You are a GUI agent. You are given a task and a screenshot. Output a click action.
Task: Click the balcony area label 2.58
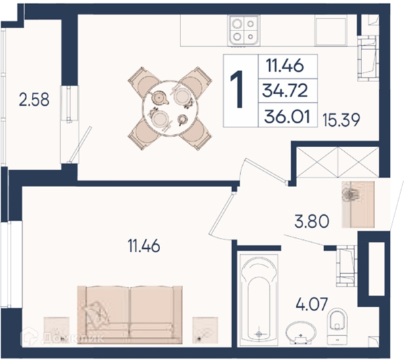(x=34, y=100)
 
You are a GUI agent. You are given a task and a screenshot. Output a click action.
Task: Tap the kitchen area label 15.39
(x=341, y=120)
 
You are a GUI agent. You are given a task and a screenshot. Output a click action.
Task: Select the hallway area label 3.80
(x=312, y=221)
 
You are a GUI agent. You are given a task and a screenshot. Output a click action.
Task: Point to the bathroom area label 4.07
(x=312, y=304)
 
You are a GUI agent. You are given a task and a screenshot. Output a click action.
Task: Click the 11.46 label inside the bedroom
(x=144, y=246)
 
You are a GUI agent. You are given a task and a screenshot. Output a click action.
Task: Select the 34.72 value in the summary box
(x=285, y=91)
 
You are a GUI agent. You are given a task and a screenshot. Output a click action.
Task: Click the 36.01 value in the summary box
(x=288, y=117)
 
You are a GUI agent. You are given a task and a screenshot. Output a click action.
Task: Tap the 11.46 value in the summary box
(x=285, y=65)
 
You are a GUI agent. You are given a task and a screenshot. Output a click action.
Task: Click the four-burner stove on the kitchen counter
(x=244, y=31)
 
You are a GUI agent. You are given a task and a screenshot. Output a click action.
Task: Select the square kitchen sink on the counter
(x=331, y=31)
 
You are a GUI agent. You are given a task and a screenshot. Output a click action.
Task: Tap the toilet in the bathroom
(x=337, y=326)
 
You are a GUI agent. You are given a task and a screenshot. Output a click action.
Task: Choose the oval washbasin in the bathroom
(x=301, y=333)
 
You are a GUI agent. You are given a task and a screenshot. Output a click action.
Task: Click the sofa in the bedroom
(x=130, y=315)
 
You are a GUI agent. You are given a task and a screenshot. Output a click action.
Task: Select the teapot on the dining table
(x=158, y=98)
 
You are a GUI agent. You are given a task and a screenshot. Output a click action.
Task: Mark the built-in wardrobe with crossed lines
(x=337, y=162)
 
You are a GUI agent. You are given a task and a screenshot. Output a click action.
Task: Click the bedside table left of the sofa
(x=56, y=329)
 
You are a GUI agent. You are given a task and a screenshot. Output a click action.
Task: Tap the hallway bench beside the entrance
(x=358, y=204)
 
